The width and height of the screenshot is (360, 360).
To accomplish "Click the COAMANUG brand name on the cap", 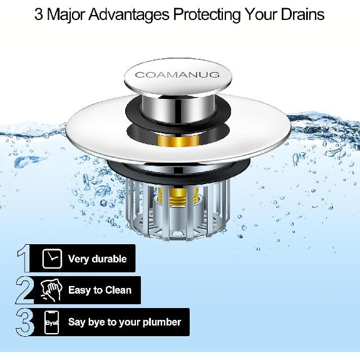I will (177, 75).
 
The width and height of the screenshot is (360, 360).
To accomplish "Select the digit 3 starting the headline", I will (39, 14).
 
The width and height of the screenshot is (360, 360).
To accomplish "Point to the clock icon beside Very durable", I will (52, 259).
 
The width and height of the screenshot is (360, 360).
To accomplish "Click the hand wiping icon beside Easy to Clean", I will (52, 290).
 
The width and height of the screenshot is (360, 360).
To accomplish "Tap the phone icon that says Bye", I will (52, 322).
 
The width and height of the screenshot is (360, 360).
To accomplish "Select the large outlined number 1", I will (24, 259).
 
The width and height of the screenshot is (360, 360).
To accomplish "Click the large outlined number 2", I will (24, 290).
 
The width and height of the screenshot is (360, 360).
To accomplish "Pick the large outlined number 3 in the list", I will (24, 322).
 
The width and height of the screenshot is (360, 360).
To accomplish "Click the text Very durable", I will (97, 259).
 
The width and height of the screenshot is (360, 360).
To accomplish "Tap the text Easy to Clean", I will (100, 291).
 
